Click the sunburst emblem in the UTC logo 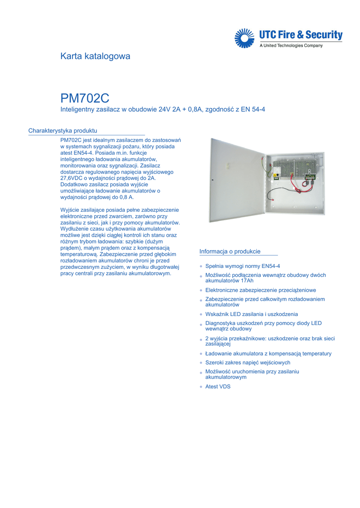pos(244,38)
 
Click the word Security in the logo pos(324,35)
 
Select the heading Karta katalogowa pos(95,56)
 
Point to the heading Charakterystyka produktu pos(63,130)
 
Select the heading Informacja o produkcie pos(230,252)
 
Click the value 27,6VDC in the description pos(73,178)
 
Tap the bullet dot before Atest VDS pos(201,387)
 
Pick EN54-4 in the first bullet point pos(271,266)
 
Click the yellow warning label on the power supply pos(276,168)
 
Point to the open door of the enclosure pos(236,180)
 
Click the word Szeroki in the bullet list pos(215,363)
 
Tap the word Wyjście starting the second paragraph pos(71,210)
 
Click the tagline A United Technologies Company pos(291,46)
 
